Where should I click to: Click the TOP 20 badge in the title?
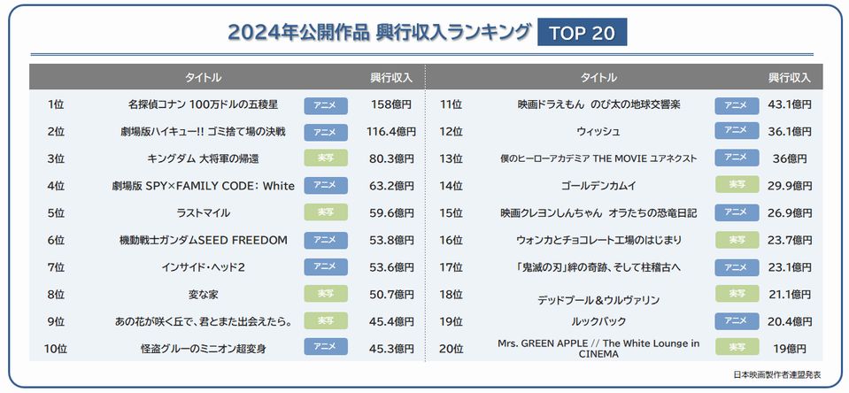click(x=582, y=34)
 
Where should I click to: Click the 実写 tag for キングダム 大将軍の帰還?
click(x=326, y=159)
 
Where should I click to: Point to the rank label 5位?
click(x=56, y=212)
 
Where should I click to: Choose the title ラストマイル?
click(x=204, y=212)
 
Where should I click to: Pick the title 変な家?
click(x=204, y=293)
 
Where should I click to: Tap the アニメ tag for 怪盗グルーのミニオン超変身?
click(x=326, y=347)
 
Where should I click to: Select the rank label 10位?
click(x=55, y=347)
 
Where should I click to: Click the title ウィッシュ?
click(x=598, y=132)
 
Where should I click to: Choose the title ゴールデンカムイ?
click(x=598, y=186)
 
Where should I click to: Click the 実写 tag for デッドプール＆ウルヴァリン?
click(x=737, y=294)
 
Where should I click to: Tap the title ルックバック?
click(x=598, y=320)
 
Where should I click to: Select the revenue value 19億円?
click(x=789, y=347)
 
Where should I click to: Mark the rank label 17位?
click(x=452, y=266)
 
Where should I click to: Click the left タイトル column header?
click(x=204, y=77)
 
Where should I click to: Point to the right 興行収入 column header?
click(x=789, y=77)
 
